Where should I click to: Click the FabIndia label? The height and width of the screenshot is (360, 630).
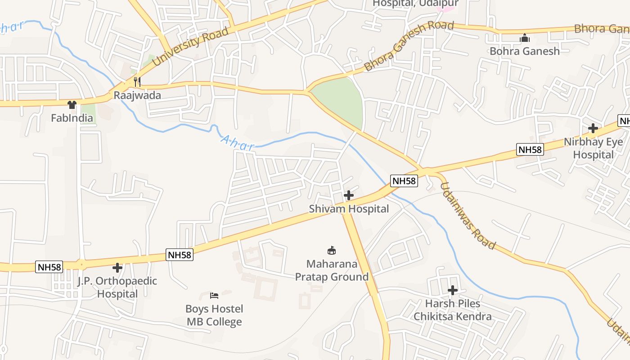72,118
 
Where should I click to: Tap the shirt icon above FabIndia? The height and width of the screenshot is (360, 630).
72,105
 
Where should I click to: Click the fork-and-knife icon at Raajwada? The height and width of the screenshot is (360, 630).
137,82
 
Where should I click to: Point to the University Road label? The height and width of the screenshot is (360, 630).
190,47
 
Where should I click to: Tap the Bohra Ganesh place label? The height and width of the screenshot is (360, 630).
525,51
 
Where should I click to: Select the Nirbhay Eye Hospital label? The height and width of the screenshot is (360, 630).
594,148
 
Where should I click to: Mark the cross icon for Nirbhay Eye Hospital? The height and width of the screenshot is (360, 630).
593,129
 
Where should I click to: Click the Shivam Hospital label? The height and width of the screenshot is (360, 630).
349,209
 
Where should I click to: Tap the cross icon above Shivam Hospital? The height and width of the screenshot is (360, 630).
349,195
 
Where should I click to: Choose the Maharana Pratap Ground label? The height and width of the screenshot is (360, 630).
332,270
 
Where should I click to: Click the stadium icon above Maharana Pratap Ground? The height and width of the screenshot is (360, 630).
332,250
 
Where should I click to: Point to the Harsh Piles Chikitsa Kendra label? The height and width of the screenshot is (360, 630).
453,310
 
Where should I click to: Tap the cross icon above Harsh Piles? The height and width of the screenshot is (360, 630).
453,290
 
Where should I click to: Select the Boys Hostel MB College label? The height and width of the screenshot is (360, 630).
215,315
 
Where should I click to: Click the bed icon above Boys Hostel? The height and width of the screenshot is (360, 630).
215,296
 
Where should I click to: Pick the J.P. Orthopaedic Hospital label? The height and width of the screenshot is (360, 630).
117,288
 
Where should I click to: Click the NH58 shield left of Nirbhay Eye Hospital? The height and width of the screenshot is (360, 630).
530,149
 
